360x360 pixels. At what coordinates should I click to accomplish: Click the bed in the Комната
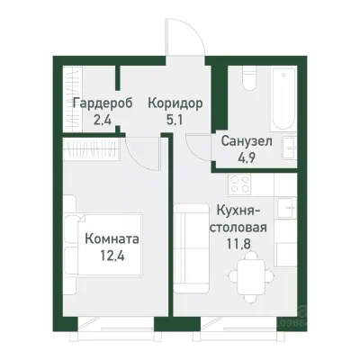(x=103, y=247)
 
